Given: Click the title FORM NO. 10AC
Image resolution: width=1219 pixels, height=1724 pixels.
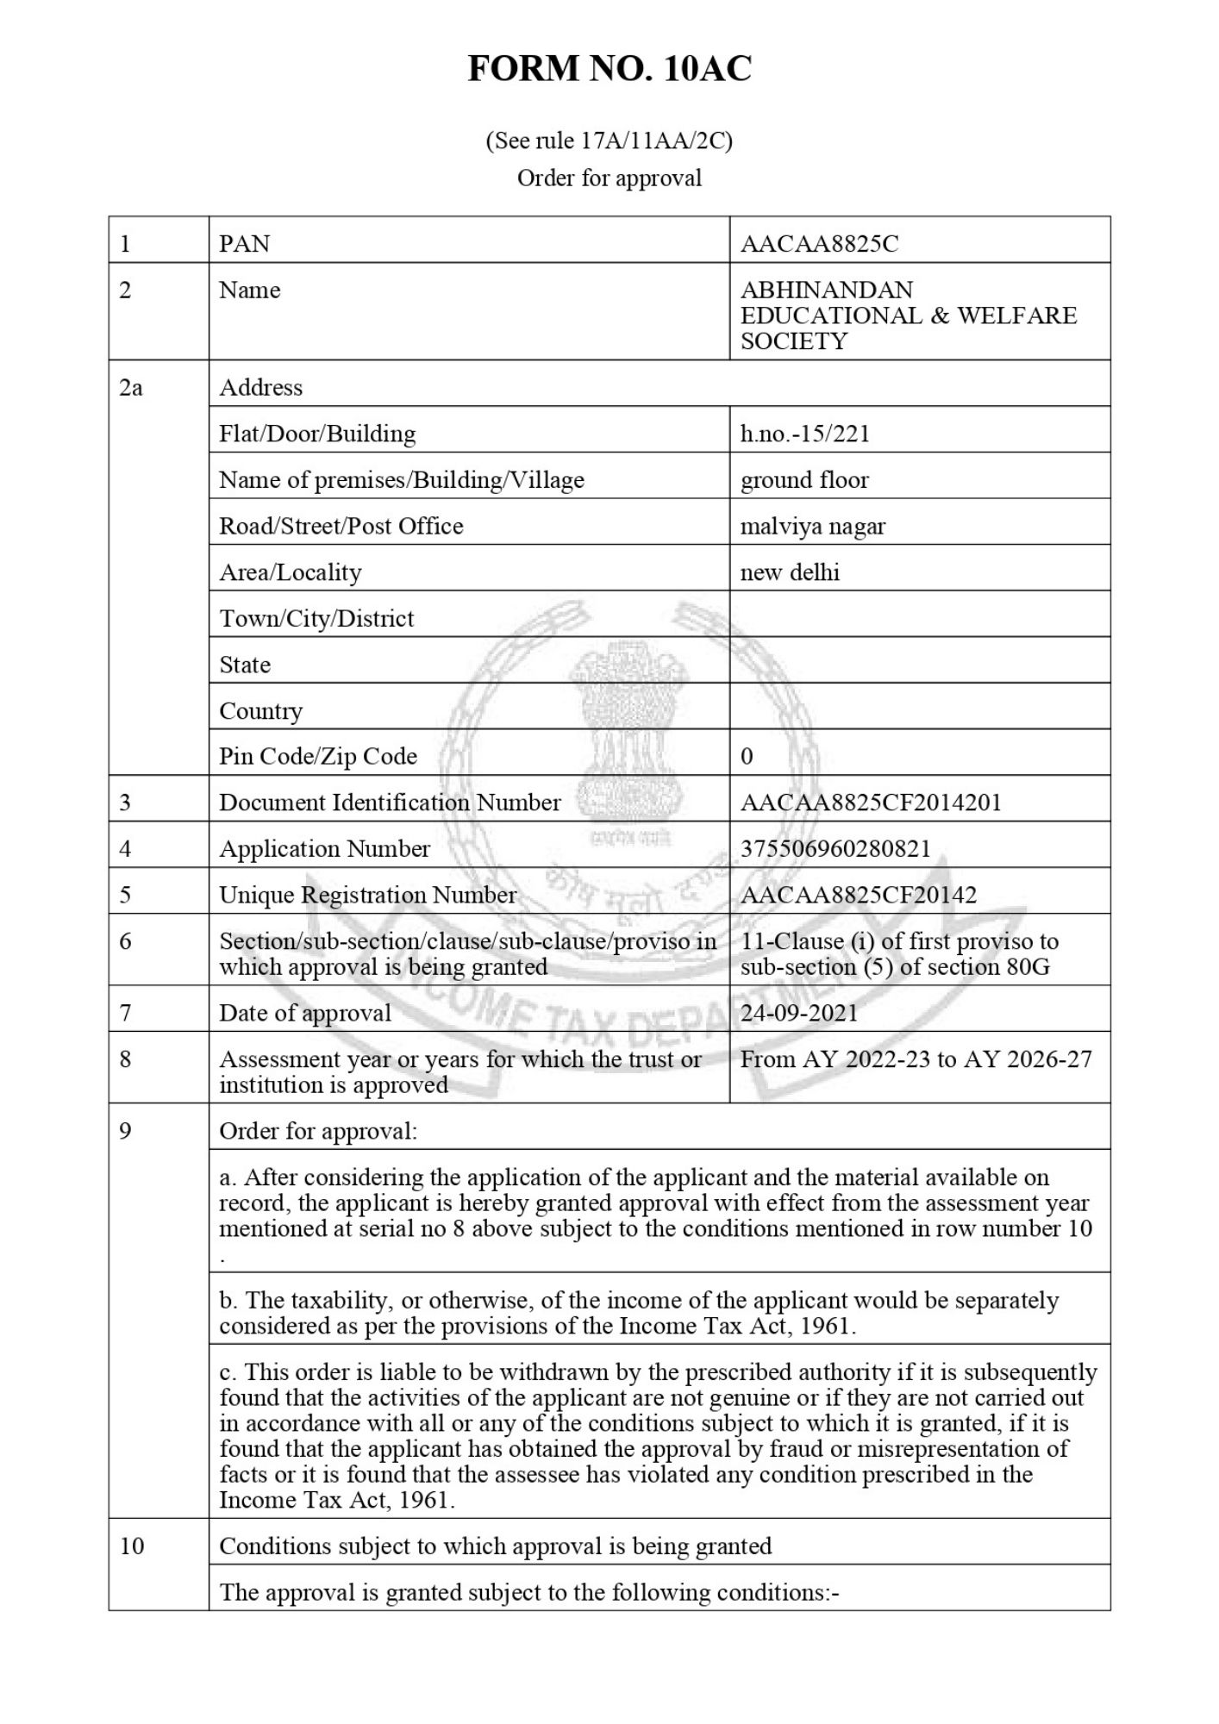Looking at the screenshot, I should (609, 68).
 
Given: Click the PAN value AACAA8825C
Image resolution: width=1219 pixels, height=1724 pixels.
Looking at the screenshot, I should (819, 244).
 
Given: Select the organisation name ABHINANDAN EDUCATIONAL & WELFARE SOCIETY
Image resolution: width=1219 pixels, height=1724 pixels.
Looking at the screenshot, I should (908, 315).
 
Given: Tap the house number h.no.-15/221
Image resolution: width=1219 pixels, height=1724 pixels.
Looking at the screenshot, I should (804, 434).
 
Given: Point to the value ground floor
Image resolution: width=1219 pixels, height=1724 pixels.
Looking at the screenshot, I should (803, 480).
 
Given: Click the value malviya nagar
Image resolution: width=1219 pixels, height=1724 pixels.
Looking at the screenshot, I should (812, 526).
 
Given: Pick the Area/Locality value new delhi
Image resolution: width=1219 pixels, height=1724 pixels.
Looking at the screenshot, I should (790, 572).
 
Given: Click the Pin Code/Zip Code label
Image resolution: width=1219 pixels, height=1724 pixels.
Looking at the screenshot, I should (317, 756).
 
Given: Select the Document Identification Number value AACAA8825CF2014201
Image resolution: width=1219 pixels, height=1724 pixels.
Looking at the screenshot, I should (871, 803).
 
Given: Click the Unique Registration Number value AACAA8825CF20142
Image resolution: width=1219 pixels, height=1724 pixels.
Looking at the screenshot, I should (858, 895).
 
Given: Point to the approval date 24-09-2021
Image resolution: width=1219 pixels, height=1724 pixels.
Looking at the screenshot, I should (799, 1013).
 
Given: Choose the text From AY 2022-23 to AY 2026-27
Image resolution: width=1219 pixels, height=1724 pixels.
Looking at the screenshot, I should (916, 1059).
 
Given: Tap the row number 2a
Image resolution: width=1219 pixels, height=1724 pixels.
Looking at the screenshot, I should (130, 388).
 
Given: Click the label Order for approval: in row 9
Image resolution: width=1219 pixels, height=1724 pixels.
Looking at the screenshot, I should (317, 1131).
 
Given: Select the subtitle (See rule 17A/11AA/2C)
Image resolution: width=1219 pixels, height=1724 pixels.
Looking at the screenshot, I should (609, 141).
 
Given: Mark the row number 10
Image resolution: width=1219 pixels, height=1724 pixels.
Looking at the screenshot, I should (131, 1546).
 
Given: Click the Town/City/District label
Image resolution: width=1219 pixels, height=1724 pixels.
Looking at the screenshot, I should (316, 619).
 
